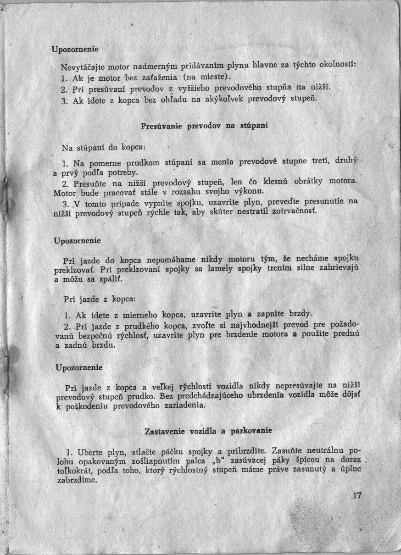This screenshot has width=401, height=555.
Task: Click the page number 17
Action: click(x=358, y=495)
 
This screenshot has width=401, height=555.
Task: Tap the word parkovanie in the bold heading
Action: click(x=251, y=431)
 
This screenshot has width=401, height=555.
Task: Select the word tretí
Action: click(x=322, y=161)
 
